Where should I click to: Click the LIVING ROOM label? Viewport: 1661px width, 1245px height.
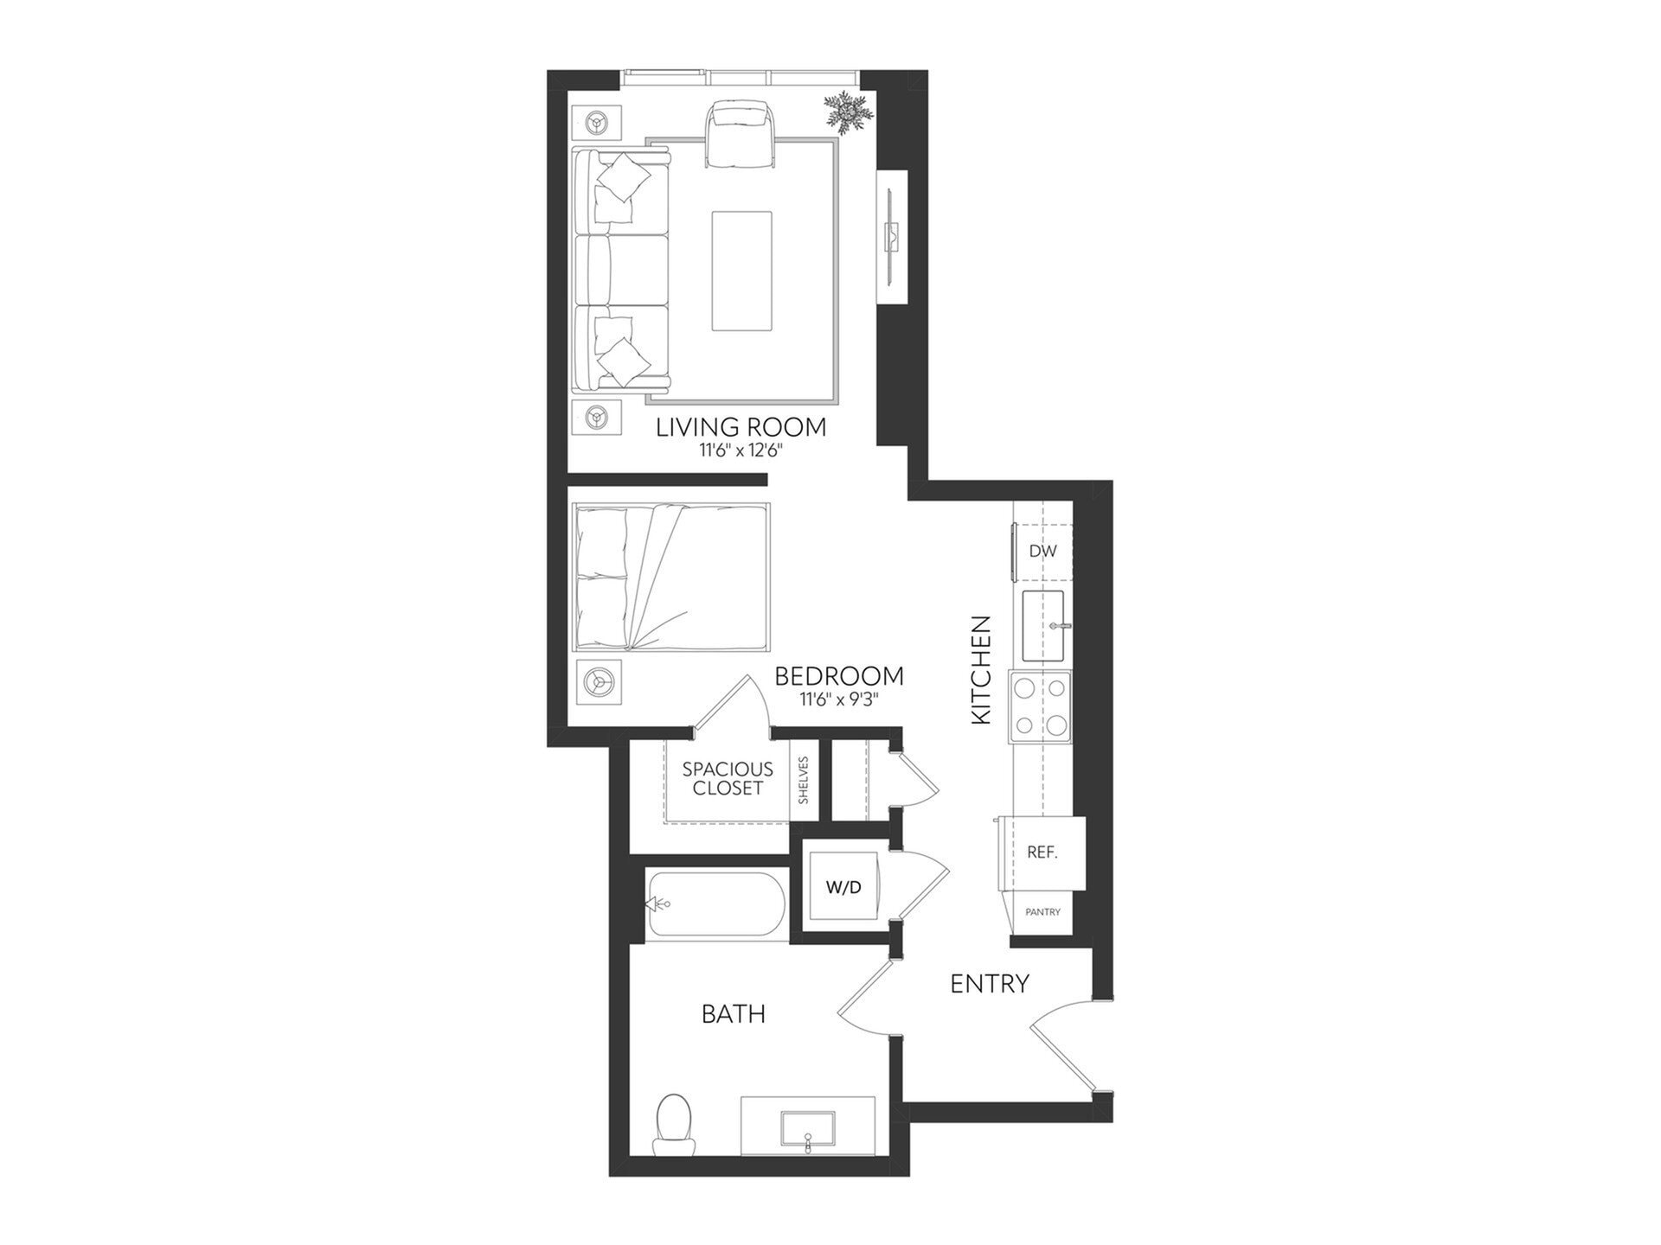741,427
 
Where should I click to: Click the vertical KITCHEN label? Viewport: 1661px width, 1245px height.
981,670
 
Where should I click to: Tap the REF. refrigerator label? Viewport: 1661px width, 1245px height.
1042,852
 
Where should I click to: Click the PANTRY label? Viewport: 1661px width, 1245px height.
1042,911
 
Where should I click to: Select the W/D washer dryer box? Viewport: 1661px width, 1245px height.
843,887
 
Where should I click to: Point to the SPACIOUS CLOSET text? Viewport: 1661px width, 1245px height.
728,778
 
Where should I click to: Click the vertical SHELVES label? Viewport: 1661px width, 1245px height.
804,781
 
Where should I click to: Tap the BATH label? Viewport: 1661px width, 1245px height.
733,1013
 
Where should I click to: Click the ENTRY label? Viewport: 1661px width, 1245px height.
990,983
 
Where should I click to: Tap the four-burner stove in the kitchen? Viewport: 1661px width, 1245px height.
1041,705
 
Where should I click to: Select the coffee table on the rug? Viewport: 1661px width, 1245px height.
741,271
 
